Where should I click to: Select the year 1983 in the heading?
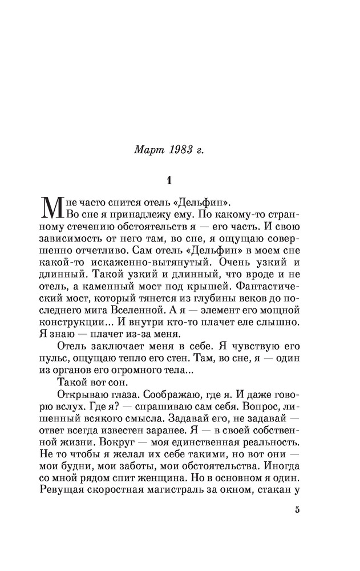pos(181,150)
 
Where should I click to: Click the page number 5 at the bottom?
pos(297,510)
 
